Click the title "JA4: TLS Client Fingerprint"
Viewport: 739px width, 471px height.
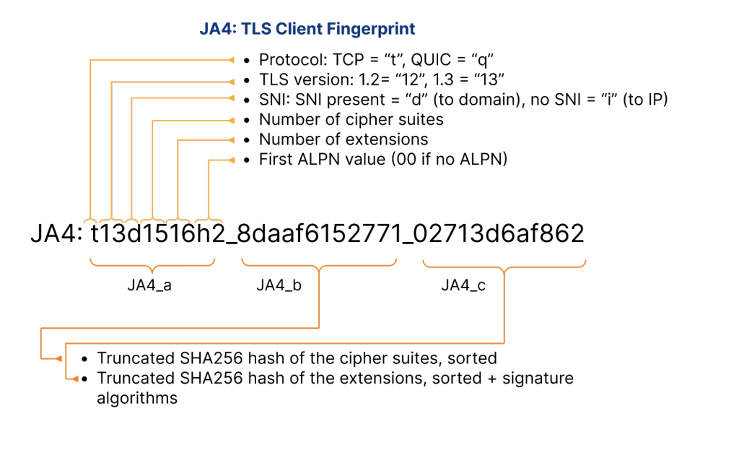[x=307, y=30]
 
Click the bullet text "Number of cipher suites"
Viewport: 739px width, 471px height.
[x=351, y=119]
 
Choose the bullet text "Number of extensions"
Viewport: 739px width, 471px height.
[x=344, y=139]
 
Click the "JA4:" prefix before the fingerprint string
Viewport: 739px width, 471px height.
[x=56, y=235]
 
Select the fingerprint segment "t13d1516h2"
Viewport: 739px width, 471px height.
[x=153, y=235]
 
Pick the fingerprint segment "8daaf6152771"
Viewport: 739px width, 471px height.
[x=320, y=235]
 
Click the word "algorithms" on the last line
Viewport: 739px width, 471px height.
[x=137, y=398]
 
